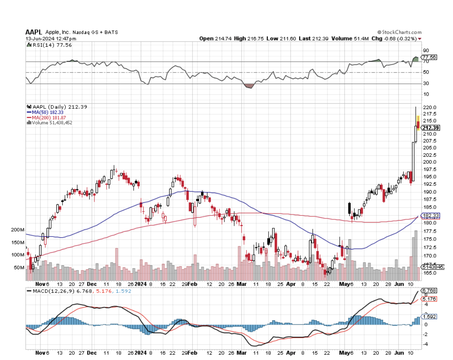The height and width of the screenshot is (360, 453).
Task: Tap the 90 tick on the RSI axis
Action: (426, 50)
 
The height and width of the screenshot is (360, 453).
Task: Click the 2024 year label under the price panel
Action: (141, 284)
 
